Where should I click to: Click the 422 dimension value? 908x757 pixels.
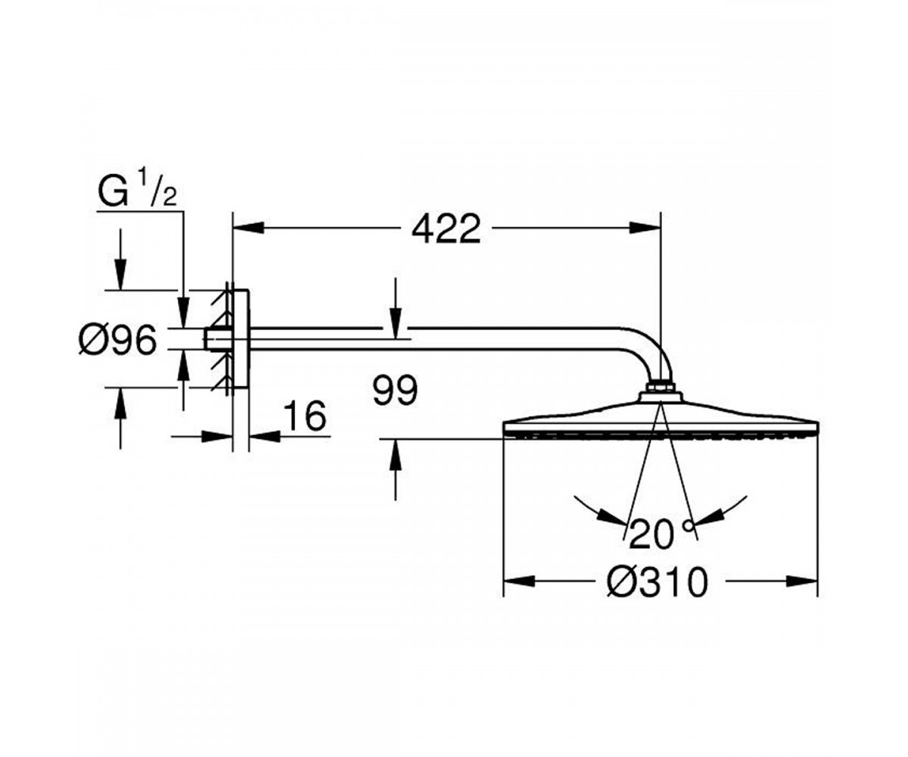(446, 229)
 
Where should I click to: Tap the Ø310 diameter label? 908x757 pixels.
(658, 581)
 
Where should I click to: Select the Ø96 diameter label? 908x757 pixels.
(117, 340)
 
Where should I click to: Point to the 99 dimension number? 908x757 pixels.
(395, 391)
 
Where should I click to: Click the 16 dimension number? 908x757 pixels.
(304, 416)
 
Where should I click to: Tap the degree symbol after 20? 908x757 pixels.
(689, 525)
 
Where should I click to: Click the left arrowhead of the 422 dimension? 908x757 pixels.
(249, 227)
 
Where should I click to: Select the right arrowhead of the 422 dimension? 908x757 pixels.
(645, 227)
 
